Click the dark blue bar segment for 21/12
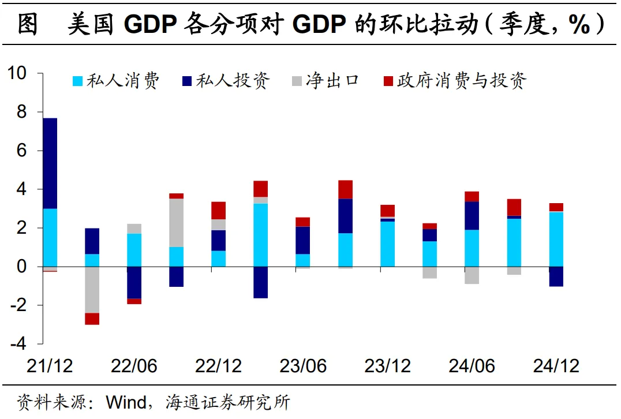50,163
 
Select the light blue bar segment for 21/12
50,237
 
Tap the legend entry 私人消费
115,81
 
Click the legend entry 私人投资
225,81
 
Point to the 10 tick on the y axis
17,73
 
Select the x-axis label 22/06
134,366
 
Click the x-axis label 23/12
387,366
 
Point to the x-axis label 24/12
556,366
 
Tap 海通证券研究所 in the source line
227,401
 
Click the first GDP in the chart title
152,25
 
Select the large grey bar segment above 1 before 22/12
176,223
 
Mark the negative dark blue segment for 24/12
556,276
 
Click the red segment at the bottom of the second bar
92,319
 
